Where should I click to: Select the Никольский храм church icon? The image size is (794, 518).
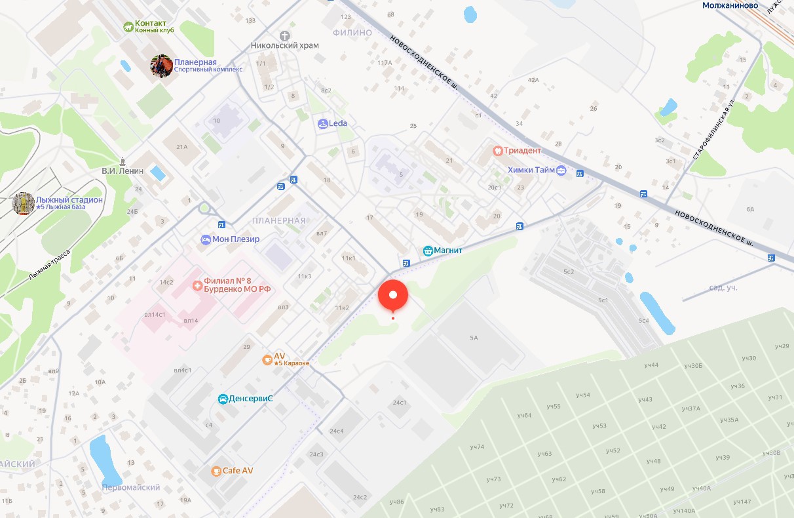tap(284, 35)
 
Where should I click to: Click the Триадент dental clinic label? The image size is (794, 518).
tap(522, 150)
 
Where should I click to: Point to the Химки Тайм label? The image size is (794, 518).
tap(531, 170)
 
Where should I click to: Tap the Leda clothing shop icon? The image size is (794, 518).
tap(322, 123)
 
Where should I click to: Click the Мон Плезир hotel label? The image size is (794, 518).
tap(236, 239)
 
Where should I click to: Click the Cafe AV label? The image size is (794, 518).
tap(238, 471)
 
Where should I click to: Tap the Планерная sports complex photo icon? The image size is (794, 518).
tap(161, 66)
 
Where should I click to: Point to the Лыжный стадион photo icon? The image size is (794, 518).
tap(24, 203)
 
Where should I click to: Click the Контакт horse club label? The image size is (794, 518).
tap(151, 24)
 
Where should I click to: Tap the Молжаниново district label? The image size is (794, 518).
tap(730, 5)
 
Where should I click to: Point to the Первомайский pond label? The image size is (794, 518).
tap(131, 488)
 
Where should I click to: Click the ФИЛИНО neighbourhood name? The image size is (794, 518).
tap(352, 33)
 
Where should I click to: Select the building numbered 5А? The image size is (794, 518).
tap(474, 338)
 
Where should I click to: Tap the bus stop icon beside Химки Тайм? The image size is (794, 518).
tap(579, 174)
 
